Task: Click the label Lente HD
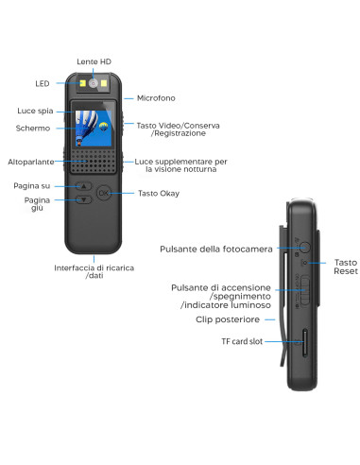[x=94, y=61]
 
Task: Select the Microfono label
[x=156, y=97]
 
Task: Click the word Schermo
[x=34, y=128]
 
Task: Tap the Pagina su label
[x=32, y=185]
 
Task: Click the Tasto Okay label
[x=160, y=194]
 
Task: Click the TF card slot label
[x=243, y=338]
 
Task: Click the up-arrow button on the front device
[x=83, y=187]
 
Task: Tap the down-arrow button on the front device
[x=83, y=200]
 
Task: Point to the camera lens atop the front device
[x=94, y=82]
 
